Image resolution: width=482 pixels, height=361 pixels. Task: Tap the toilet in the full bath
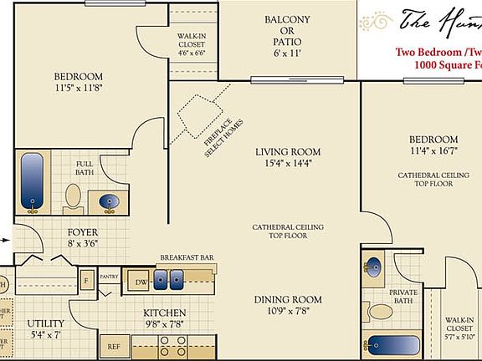coord(74,196)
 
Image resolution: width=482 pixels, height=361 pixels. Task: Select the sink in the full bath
coord(109,201)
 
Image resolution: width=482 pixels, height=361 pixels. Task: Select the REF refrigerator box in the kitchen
coord(113,346)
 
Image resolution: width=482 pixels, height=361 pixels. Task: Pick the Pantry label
coord(109,275)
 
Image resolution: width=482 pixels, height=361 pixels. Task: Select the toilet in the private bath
coord(381,312)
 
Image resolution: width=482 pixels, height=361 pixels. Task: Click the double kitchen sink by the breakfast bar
coord(170,281)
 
